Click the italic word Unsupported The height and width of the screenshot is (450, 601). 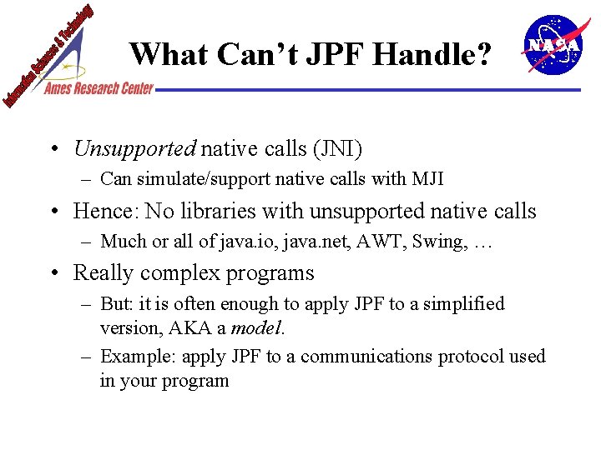[x=134, y=149]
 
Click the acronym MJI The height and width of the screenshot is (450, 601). [x=428, y=178]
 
